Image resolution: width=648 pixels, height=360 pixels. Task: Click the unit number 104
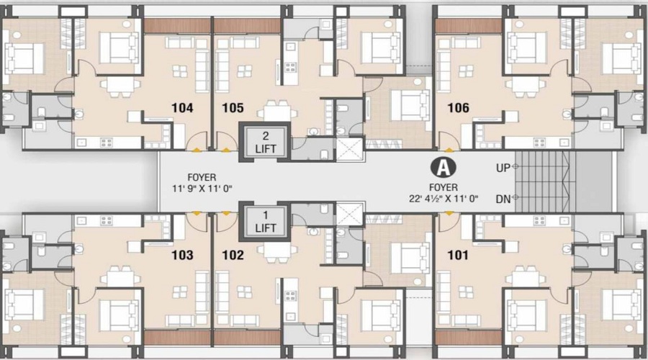tap(182, 108)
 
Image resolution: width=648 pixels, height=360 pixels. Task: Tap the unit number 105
tap(233, 108)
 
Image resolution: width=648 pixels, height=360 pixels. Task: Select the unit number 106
tap(459, 108)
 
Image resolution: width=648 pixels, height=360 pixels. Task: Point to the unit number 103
tap(182, 255)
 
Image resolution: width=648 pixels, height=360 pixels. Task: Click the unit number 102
tap(233, 255)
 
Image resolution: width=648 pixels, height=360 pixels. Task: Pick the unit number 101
tap(458, 255)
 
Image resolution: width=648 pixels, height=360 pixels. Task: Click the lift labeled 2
tap(265, 142)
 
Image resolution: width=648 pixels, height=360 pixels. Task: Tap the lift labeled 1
tap(265, 222)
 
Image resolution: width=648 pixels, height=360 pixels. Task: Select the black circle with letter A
tap(444, 167)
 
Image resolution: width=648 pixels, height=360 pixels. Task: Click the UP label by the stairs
tap(503, 168)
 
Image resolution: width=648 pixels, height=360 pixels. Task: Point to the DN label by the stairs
tap(503, 199)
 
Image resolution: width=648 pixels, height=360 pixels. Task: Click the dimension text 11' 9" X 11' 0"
tap(202, 189)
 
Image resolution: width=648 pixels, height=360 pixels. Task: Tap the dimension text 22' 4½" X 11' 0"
tap(444, 199)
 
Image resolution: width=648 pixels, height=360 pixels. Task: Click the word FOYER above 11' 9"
tap(202, 177)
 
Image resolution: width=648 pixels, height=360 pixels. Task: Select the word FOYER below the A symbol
tap(444, 187)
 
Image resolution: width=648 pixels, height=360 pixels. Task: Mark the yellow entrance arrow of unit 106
tap(449, 149)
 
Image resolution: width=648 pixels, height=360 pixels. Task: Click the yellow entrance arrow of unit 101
tap(449, 213)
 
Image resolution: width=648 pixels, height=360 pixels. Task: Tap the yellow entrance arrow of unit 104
tap(197, 149)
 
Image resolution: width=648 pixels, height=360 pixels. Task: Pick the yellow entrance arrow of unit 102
tap(226, 213)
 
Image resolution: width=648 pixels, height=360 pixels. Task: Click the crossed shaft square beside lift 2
tap(350, 150)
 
